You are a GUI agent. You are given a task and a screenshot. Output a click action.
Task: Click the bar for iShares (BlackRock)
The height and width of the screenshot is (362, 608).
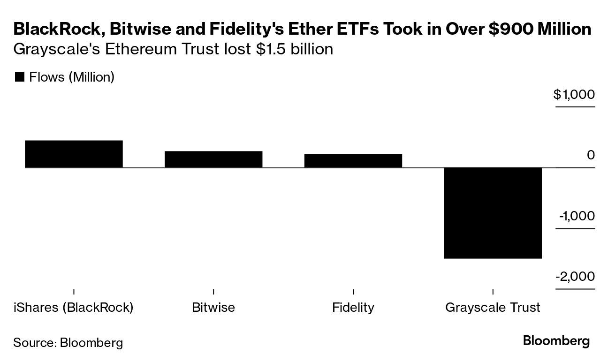74,154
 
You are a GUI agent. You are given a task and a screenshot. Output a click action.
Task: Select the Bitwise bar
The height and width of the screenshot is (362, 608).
213,159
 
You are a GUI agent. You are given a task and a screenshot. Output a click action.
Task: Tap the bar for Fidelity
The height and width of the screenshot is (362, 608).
353,160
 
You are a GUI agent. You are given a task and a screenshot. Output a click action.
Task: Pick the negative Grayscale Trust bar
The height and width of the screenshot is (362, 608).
493,213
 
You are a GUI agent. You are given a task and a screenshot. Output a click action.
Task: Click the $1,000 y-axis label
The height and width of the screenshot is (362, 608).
574,95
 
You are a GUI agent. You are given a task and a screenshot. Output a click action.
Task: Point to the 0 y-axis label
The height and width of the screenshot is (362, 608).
591,155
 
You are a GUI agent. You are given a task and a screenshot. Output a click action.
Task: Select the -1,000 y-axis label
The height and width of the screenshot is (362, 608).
576,216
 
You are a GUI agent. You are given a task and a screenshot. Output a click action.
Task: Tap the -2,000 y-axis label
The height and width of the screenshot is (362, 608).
575,277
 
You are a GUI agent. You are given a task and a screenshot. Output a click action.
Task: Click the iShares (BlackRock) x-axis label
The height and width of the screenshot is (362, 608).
74,308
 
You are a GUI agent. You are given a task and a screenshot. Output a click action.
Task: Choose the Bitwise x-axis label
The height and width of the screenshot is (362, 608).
213,308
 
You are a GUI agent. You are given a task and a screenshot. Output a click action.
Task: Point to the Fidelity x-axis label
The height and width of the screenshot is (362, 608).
353,308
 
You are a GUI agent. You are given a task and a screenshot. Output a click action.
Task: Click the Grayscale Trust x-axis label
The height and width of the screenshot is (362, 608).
493,308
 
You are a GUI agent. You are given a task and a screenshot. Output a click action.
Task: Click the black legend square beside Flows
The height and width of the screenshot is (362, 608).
19,77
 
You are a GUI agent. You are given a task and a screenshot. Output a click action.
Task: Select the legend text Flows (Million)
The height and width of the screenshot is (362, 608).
72,77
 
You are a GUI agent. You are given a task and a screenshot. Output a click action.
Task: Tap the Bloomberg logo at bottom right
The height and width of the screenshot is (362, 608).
556,341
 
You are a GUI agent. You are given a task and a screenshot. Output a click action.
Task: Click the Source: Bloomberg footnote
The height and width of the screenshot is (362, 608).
68,342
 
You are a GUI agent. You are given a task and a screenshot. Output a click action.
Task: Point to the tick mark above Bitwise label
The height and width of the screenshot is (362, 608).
213,292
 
